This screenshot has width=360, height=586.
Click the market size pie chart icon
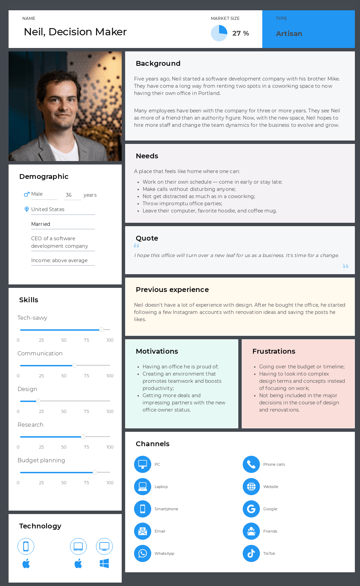pyautogui.click(x=219, y=33)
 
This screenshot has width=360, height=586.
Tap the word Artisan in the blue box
pyautogui.click(x=289, y=34)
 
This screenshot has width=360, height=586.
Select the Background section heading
pyautogui.click(x=158, y=63)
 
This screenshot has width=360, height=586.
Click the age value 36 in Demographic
pyautogui.click(x=69, y=195)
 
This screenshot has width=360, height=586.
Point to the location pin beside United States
pyautogui.click(x=27, y=209)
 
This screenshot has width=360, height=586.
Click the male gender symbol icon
pyautogui.click(x=26, y=194)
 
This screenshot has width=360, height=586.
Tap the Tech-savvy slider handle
pyautogui.click(x=101, y=330)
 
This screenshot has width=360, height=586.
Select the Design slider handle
pyautogui.click(x=38, y=401)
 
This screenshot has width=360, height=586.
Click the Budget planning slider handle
pyautogui.click(x=95, y=472)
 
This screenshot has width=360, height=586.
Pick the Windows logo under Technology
pyautogui.click(x=104, y=563)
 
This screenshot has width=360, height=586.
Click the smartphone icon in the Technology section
pyautogui.click(x=26, y=546)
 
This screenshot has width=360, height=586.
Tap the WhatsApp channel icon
pyautogui.click(x=143, y=553)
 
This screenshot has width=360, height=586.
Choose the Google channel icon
pyautogui.click(x=251, y=509)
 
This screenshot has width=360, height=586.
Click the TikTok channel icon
pyautogui.click(x=251, y=553)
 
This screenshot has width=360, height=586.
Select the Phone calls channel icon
pyautogui.click(x=251, y=464)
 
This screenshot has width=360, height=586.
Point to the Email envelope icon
pyautogui.click(x=143, y=531)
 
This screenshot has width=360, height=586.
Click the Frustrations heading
pyautogui.click(x=274, y=351)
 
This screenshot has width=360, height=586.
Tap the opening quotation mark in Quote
pyautogui.click(x=136, y=245)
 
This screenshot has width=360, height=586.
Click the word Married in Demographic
pyautogui.click(x=40, y=224)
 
